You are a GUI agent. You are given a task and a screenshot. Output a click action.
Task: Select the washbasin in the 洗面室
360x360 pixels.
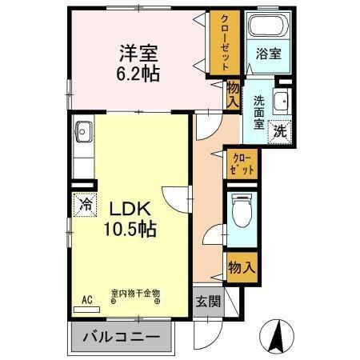point(280,101)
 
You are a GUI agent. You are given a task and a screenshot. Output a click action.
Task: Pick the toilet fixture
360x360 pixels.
point(241,213)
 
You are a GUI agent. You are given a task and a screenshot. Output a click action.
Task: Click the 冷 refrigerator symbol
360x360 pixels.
point(85,204)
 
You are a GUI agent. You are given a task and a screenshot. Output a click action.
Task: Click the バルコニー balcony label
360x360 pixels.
point(123,338)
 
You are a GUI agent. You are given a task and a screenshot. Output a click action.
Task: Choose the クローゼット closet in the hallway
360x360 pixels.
point(241,164)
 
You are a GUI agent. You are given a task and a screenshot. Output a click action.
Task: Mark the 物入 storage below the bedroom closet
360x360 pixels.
point(233,94)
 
